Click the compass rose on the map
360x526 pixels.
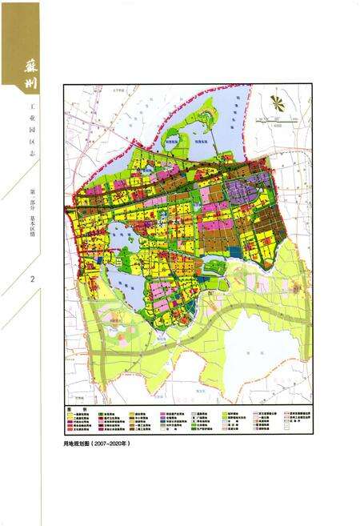277,102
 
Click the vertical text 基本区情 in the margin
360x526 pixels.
31,229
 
